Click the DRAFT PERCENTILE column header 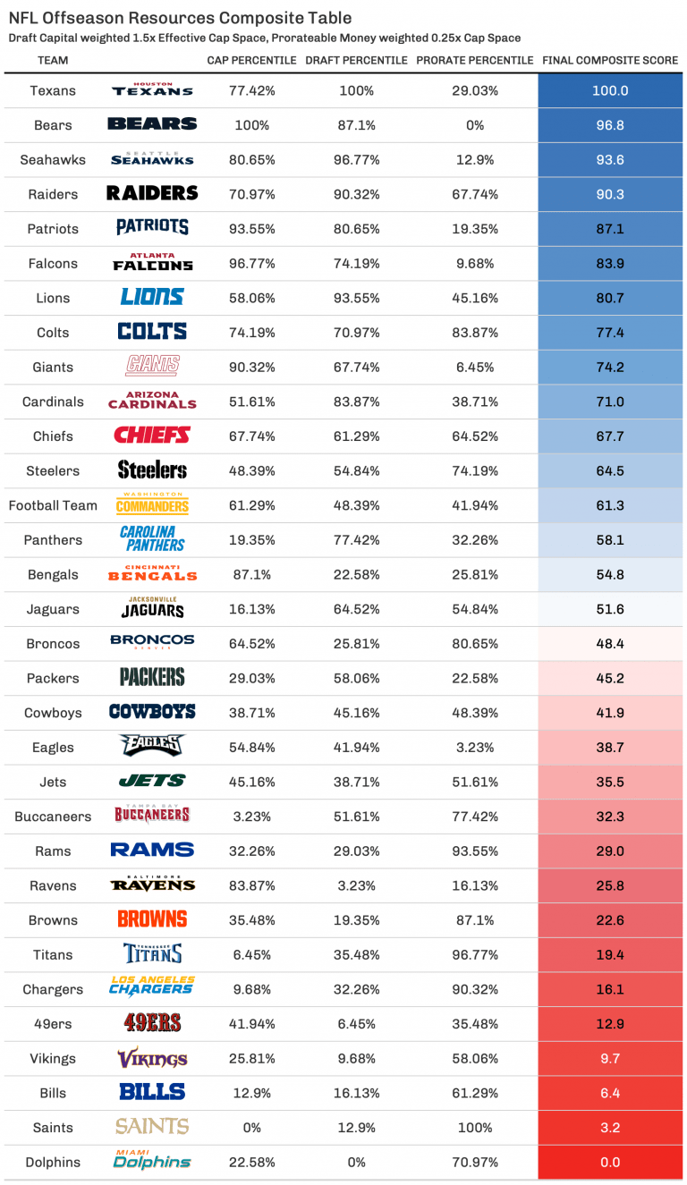coord(356,61)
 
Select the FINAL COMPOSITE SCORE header coord(610,61)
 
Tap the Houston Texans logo coord(152,90)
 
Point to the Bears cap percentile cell coord(251,125)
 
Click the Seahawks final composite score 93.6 coord(610,160)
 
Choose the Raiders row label coord(53,194)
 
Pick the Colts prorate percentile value coord(474,333)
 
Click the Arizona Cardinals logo coord(152,401)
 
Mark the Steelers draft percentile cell coord(356,471)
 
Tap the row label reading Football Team coord(53,505)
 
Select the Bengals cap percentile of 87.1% coord(251,575)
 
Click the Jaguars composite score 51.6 coord(610,610)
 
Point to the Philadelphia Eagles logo coord(152,746)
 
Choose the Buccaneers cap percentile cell coord(251,817)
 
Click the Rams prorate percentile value coord(474,851)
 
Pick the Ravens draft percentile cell coord(356,886)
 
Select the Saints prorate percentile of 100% coord(474,1128)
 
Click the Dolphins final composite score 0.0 coord(610,1163)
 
